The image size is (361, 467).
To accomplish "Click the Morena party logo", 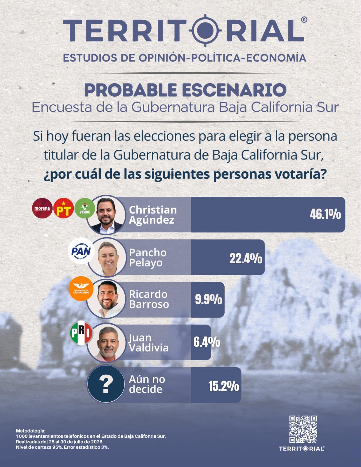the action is click(x=42, y=208).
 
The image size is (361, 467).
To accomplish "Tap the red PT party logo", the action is click(x=63, y=208).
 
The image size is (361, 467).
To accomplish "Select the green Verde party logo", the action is click(x=85, y=208).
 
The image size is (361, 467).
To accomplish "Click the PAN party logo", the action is click(x=81, y=251).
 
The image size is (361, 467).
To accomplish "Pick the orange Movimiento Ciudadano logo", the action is click(x=81, y=288).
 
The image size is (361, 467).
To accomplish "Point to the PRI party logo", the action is click(x=81, y=333).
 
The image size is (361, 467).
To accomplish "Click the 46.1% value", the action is click(x=325, y=214).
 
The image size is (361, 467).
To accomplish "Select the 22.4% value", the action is click(x=246, y=258).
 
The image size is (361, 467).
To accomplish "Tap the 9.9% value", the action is click(x=209, y=299).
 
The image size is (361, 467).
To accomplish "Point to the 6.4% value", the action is click(x=207, y=342).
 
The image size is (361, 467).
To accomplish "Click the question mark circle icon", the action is click(x=106, y=384).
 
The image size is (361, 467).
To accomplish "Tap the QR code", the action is click(x=303, y=429).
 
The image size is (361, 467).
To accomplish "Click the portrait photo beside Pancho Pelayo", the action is click(x=107, y=257).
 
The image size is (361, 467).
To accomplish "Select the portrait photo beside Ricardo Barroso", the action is click(x=106, y=299).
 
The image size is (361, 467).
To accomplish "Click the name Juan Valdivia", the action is click(x=149, y=343).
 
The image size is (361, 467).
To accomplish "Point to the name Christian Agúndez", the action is click(x=153, y=215).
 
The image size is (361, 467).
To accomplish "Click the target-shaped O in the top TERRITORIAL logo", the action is click(x=205, y=30).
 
